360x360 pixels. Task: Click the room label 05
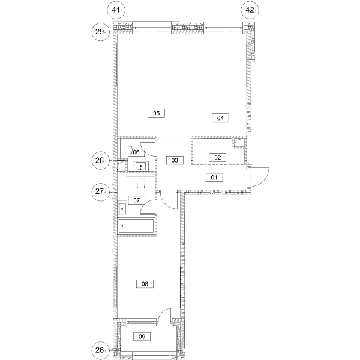[x=157, y=113]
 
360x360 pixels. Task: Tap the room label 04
[x=220, y=118]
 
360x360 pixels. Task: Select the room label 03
[x=175, y=160]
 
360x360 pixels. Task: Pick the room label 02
[x=217, y=157]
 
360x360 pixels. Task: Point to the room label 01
[x=214, y=178]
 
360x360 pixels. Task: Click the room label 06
[x=136, y=152]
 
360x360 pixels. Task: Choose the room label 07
[x=137, y=200]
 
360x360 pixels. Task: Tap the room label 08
[x=145, y=284]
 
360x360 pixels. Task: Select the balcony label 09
[x=142, y=337]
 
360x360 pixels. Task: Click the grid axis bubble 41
[x=116, y=10]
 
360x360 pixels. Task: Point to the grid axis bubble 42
[x=250, y=10]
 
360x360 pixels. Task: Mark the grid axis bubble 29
[x=101, y=32]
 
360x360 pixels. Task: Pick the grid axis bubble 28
[x=101, y=160]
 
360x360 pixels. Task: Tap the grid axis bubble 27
[x=101, y=191]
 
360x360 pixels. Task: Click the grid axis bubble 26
[x=101, y=350]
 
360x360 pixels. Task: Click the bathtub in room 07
[x=136, y=227]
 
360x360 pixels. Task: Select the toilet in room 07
[x=141, y=182]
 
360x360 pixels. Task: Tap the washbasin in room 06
[x=141, y=166]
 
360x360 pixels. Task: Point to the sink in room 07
[x=122, y=209]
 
